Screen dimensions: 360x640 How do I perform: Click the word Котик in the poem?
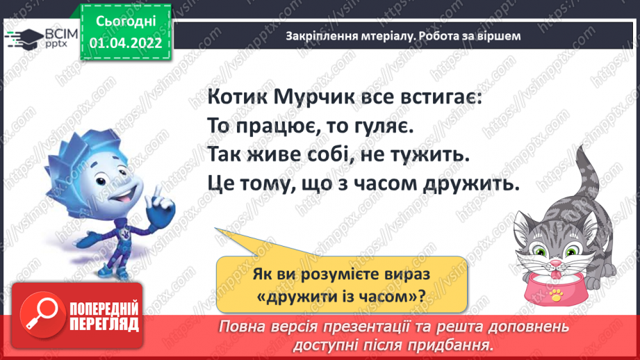click(x=236, y=98)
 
